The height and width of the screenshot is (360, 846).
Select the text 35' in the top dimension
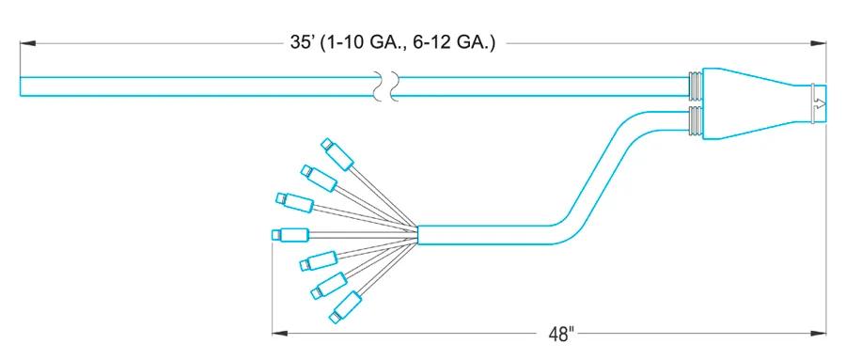pyautogui.click(x=302, y=43)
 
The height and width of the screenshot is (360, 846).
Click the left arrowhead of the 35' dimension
pyautogui.click(x=28, y=43)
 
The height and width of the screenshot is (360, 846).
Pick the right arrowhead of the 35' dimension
pyautogui.click(x=818, y=43)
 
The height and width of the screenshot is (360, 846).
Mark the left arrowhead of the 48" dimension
pyautogui.click(x=280, y=334)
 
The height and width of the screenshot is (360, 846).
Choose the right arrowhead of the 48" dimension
pyautogui.click(x=818, y=334)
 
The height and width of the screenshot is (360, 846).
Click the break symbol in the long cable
pyautogui.click(x=386, y=86)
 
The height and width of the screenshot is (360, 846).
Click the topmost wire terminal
pyautogui.click(x=337, y=154)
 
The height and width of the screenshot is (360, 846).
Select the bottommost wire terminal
pyautogui.click(x=345, y=307)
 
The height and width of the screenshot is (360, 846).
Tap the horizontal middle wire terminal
pyautogui.click(x=290, y=234)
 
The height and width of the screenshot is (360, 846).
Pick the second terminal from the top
pyautogui.click(x=320, y=178)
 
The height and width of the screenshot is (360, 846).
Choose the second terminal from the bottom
pyautogui.click(x=329, y=286)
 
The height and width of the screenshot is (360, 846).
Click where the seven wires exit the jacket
pyautogui.click(x=418, y=234)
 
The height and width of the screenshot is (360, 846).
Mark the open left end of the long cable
pyautogui.click(x=21, y=86)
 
